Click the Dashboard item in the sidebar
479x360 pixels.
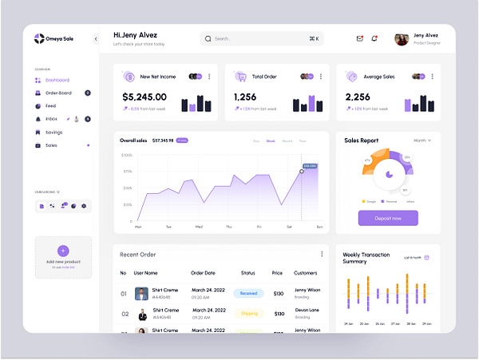tap(57, 80)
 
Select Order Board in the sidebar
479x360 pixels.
tap(58, 93)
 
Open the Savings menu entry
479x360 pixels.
tap(53, 132)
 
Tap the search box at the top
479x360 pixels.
tap(261, 38)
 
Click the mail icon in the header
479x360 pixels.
tap(360, 38)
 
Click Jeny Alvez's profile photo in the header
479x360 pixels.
tap(402, 38)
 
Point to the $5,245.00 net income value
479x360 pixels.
tap(144, 97)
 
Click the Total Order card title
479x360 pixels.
tap(264, 77)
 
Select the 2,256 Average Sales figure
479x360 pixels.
tap(358, 97)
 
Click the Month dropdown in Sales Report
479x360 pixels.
tap(422, 140)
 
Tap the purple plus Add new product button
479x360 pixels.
tap(63, 251)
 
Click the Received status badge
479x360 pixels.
tap(248, 293)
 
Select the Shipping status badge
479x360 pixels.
tap(248, 313)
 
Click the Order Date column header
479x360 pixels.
tap(208, 273)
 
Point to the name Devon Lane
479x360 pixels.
tap(306, 310)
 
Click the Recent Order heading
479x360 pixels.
tap(138, 254)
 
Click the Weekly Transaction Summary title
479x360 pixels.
tap(366, 258)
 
